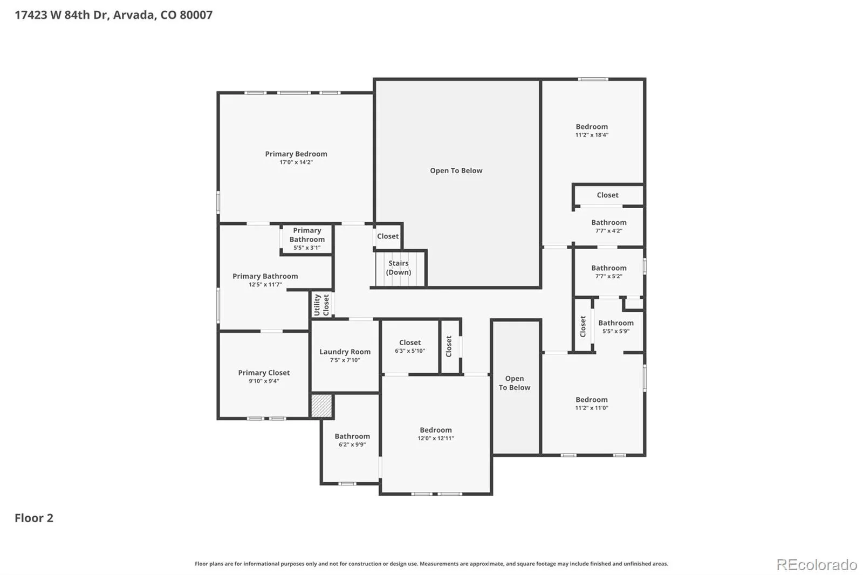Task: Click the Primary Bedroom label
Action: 296,154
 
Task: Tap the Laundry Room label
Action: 345,352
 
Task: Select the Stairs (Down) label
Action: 399,268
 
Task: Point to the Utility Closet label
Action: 321,305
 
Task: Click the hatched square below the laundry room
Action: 321,406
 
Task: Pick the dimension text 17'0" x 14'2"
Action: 296,162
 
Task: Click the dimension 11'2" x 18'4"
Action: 592,135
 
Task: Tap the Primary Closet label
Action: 264,373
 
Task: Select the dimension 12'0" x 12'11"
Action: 436,438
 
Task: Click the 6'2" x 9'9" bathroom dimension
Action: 352,444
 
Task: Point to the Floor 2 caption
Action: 34,518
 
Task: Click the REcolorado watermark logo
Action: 817,565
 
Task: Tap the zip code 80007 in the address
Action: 196,15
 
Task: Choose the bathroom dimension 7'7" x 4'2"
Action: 609,231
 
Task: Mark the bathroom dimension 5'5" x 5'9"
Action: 615,331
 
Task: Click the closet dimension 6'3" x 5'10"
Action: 409,351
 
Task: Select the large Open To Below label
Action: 456,170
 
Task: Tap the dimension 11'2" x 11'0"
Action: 591,408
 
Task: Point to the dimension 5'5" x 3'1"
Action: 307,248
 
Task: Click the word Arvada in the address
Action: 135,15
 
